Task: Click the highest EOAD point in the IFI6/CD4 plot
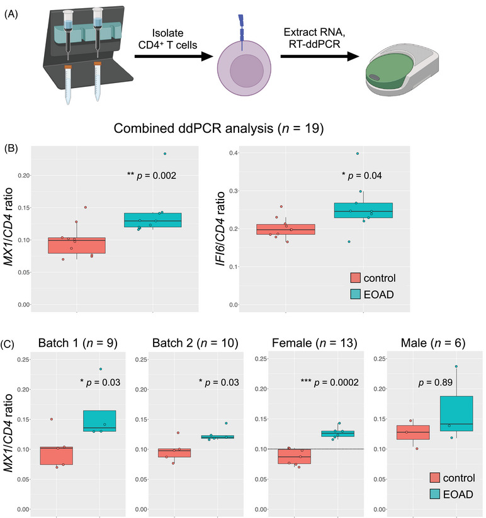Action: pos(358,154)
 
